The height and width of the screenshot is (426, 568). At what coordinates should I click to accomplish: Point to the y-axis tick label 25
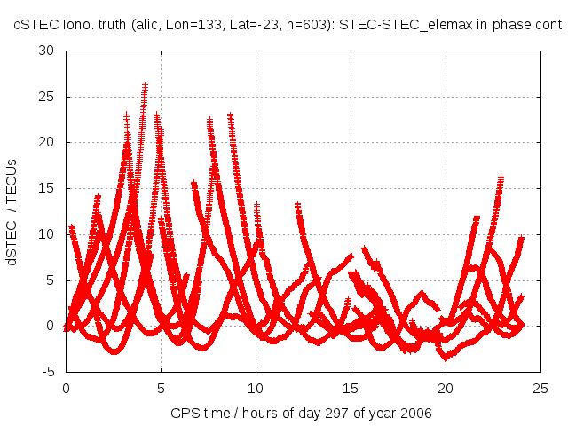pyautogui.click(x=47, y=96)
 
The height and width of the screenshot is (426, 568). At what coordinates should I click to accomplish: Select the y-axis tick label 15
pyautogui.click(x=47, y=187)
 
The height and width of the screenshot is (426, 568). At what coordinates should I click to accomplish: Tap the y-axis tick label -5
pyautogui.click(x=49, y=372)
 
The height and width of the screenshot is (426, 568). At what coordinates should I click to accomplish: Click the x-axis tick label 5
pyautogui.click(x=161, y=388)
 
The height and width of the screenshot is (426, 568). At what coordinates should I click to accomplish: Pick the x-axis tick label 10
pyautogui.click(x=256, y=388)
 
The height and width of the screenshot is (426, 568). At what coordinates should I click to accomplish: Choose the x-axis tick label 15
pyautogui.click(x=351, y=388)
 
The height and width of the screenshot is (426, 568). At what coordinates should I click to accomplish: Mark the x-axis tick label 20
pyautogui.click(x=446, y=388)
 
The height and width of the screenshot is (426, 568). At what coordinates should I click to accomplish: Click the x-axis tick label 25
pyautogui.click(x=540, y=388)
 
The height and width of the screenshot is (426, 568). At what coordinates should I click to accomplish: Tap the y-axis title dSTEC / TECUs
pyautogui.click(x=14, y=211)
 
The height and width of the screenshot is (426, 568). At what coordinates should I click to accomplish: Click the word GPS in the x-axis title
pyautogui.click(x=184, y=414)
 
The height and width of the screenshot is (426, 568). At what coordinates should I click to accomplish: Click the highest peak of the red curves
pyautogui.click(x=145, y=85)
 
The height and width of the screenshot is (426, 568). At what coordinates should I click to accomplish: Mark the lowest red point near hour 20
pyautogui.click(x=446, y=358)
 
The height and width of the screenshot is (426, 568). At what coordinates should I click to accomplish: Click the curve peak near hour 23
pyautogui.click(x=501, y=177)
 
